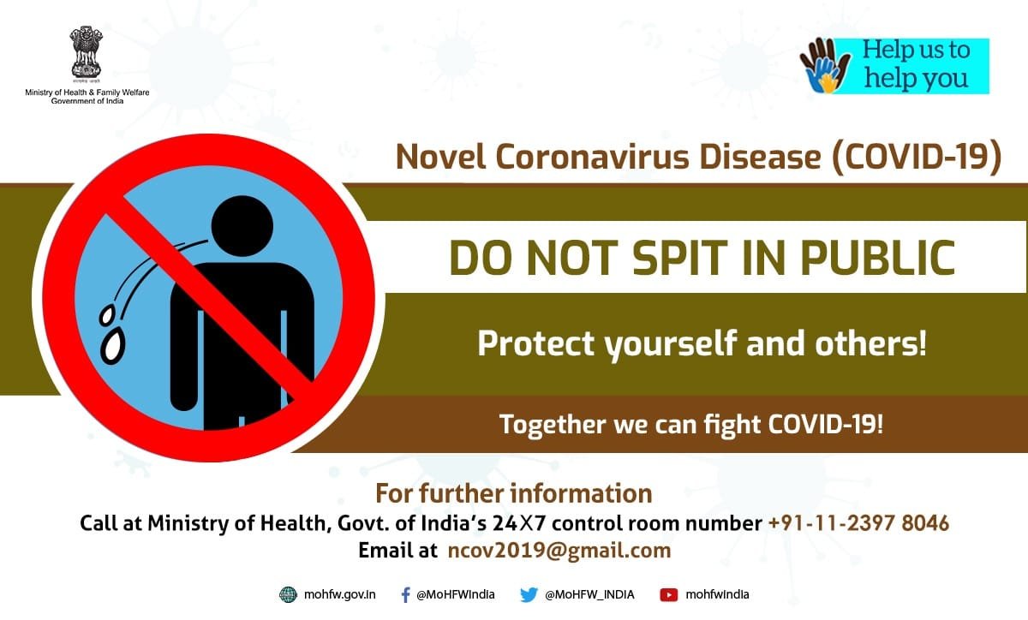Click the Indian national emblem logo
coord(86,52)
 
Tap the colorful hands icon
coord(825,66)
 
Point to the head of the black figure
coord(242,226)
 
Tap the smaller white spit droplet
coord(107,316)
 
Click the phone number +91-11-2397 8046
coord(858,523)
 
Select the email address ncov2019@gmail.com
coord(559,551)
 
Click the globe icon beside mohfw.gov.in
coord(288,595)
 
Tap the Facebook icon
coord(405,595)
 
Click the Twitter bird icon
coord(529,595)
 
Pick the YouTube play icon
coord(669,595)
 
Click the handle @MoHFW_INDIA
coord(589,595)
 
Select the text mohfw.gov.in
coord(339,595)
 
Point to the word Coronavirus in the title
coord(593,157)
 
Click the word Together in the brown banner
coord(553,424)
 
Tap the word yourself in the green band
coord(670,344)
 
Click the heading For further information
coord(513,494)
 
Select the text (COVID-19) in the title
coord(916,157)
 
